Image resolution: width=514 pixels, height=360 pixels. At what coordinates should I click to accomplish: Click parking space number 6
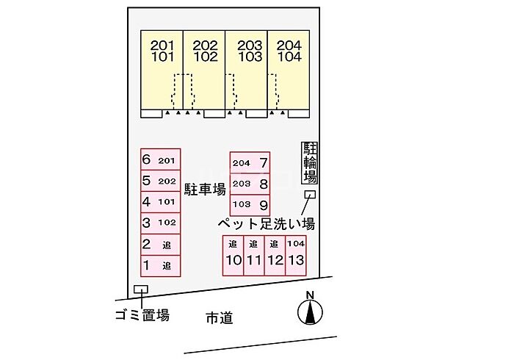point(161,159)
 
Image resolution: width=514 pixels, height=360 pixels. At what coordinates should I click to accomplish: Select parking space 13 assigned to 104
point(296,256)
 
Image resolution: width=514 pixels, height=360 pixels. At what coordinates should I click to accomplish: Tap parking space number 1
point(161,266)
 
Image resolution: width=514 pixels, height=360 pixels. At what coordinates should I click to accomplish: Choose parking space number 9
point(250,205)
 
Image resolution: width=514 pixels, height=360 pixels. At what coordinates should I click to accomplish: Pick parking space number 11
point(254,256)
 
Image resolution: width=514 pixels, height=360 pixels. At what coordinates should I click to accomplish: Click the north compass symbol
point(310,312)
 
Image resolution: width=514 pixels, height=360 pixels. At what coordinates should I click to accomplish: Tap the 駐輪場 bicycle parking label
point(309,162)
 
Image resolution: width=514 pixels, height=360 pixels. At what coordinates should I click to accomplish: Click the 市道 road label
point(220,317)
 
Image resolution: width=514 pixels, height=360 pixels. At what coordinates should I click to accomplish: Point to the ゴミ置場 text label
point(142,315)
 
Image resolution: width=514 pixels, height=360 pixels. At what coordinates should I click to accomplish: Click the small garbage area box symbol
point(141,289)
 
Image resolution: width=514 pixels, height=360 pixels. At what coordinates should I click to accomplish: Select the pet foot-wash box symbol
point(310,195)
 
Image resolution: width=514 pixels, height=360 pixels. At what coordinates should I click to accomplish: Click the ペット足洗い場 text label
point(267,224)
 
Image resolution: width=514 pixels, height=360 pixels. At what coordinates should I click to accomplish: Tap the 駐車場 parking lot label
point(205,189)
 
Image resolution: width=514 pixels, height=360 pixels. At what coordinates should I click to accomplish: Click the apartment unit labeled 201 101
point(162,70)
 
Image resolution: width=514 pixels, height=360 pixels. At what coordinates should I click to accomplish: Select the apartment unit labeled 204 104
point(289,70)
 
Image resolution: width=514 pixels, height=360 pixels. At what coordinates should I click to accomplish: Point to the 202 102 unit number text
point(205,51)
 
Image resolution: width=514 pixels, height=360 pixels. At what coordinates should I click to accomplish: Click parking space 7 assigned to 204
point(250,162)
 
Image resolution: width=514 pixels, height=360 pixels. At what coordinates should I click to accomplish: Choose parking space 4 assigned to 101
point(161,202)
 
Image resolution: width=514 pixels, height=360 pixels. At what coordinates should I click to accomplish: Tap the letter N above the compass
point(310,295)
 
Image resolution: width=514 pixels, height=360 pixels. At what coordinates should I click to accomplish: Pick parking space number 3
point(161,223)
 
